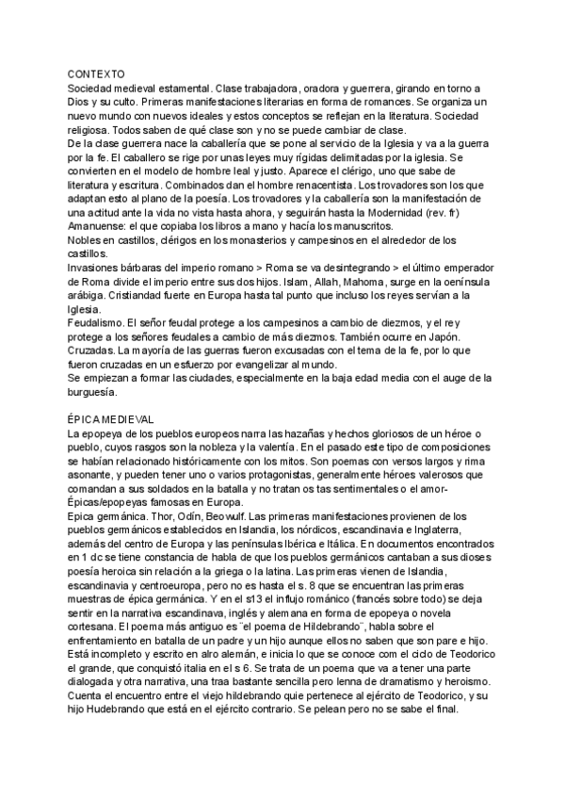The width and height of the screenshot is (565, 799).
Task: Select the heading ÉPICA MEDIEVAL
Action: pos(111,418)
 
